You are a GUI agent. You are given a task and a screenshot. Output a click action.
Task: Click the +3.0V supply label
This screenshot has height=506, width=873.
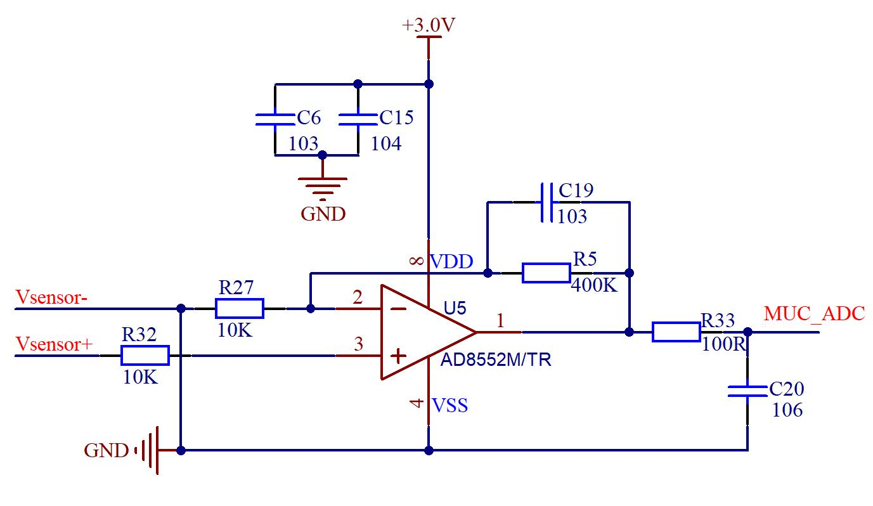[x=429, y=25]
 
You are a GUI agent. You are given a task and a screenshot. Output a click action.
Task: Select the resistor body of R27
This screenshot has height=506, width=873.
[x=240, y=309]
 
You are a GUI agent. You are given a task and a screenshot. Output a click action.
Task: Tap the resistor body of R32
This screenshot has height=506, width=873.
[x=145, y=356]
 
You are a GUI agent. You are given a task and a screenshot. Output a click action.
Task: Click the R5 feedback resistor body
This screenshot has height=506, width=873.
[x=546, y=273]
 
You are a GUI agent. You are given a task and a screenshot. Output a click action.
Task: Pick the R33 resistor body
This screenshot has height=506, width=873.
[x=676, y=332]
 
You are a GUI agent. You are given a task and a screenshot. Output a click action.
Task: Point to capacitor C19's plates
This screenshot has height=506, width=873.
[x=546, y=202]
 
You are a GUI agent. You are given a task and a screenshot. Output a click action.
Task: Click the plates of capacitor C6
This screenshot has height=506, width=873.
[x=275, y=119]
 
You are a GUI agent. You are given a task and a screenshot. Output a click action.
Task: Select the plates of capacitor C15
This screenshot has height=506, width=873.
[x=358, y=119]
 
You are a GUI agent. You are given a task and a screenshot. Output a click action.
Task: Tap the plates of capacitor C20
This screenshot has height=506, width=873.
[x=747, y=391]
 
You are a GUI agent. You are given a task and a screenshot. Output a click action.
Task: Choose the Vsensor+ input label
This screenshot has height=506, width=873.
[x=55, y=344]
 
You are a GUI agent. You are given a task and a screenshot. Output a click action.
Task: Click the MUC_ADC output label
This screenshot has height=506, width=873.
[x=814, y=314]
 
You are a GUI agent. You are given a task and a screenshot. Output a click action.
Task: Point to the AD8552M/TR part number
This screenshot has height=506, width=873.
[x=496, y=360]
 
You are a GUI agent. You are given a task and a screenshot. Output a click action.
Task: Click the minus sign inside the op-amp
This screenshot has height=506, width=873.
[x=398, y=309]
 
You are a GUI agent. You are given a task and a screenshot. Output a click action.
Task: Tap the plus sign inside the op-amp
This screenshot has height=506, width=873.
[x=398, y=356]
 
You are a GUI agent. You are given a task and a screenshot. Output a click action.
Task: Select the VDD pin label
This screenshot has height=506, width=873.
[x=451, y=261]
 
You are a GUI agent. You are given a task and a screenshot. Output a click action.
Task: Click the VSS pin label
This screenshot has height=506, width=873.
[x=450, y=405]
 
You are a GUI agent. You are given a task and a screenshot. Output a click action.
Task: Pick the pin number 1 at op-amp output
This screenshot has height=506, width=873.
[x=500, y=321]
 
